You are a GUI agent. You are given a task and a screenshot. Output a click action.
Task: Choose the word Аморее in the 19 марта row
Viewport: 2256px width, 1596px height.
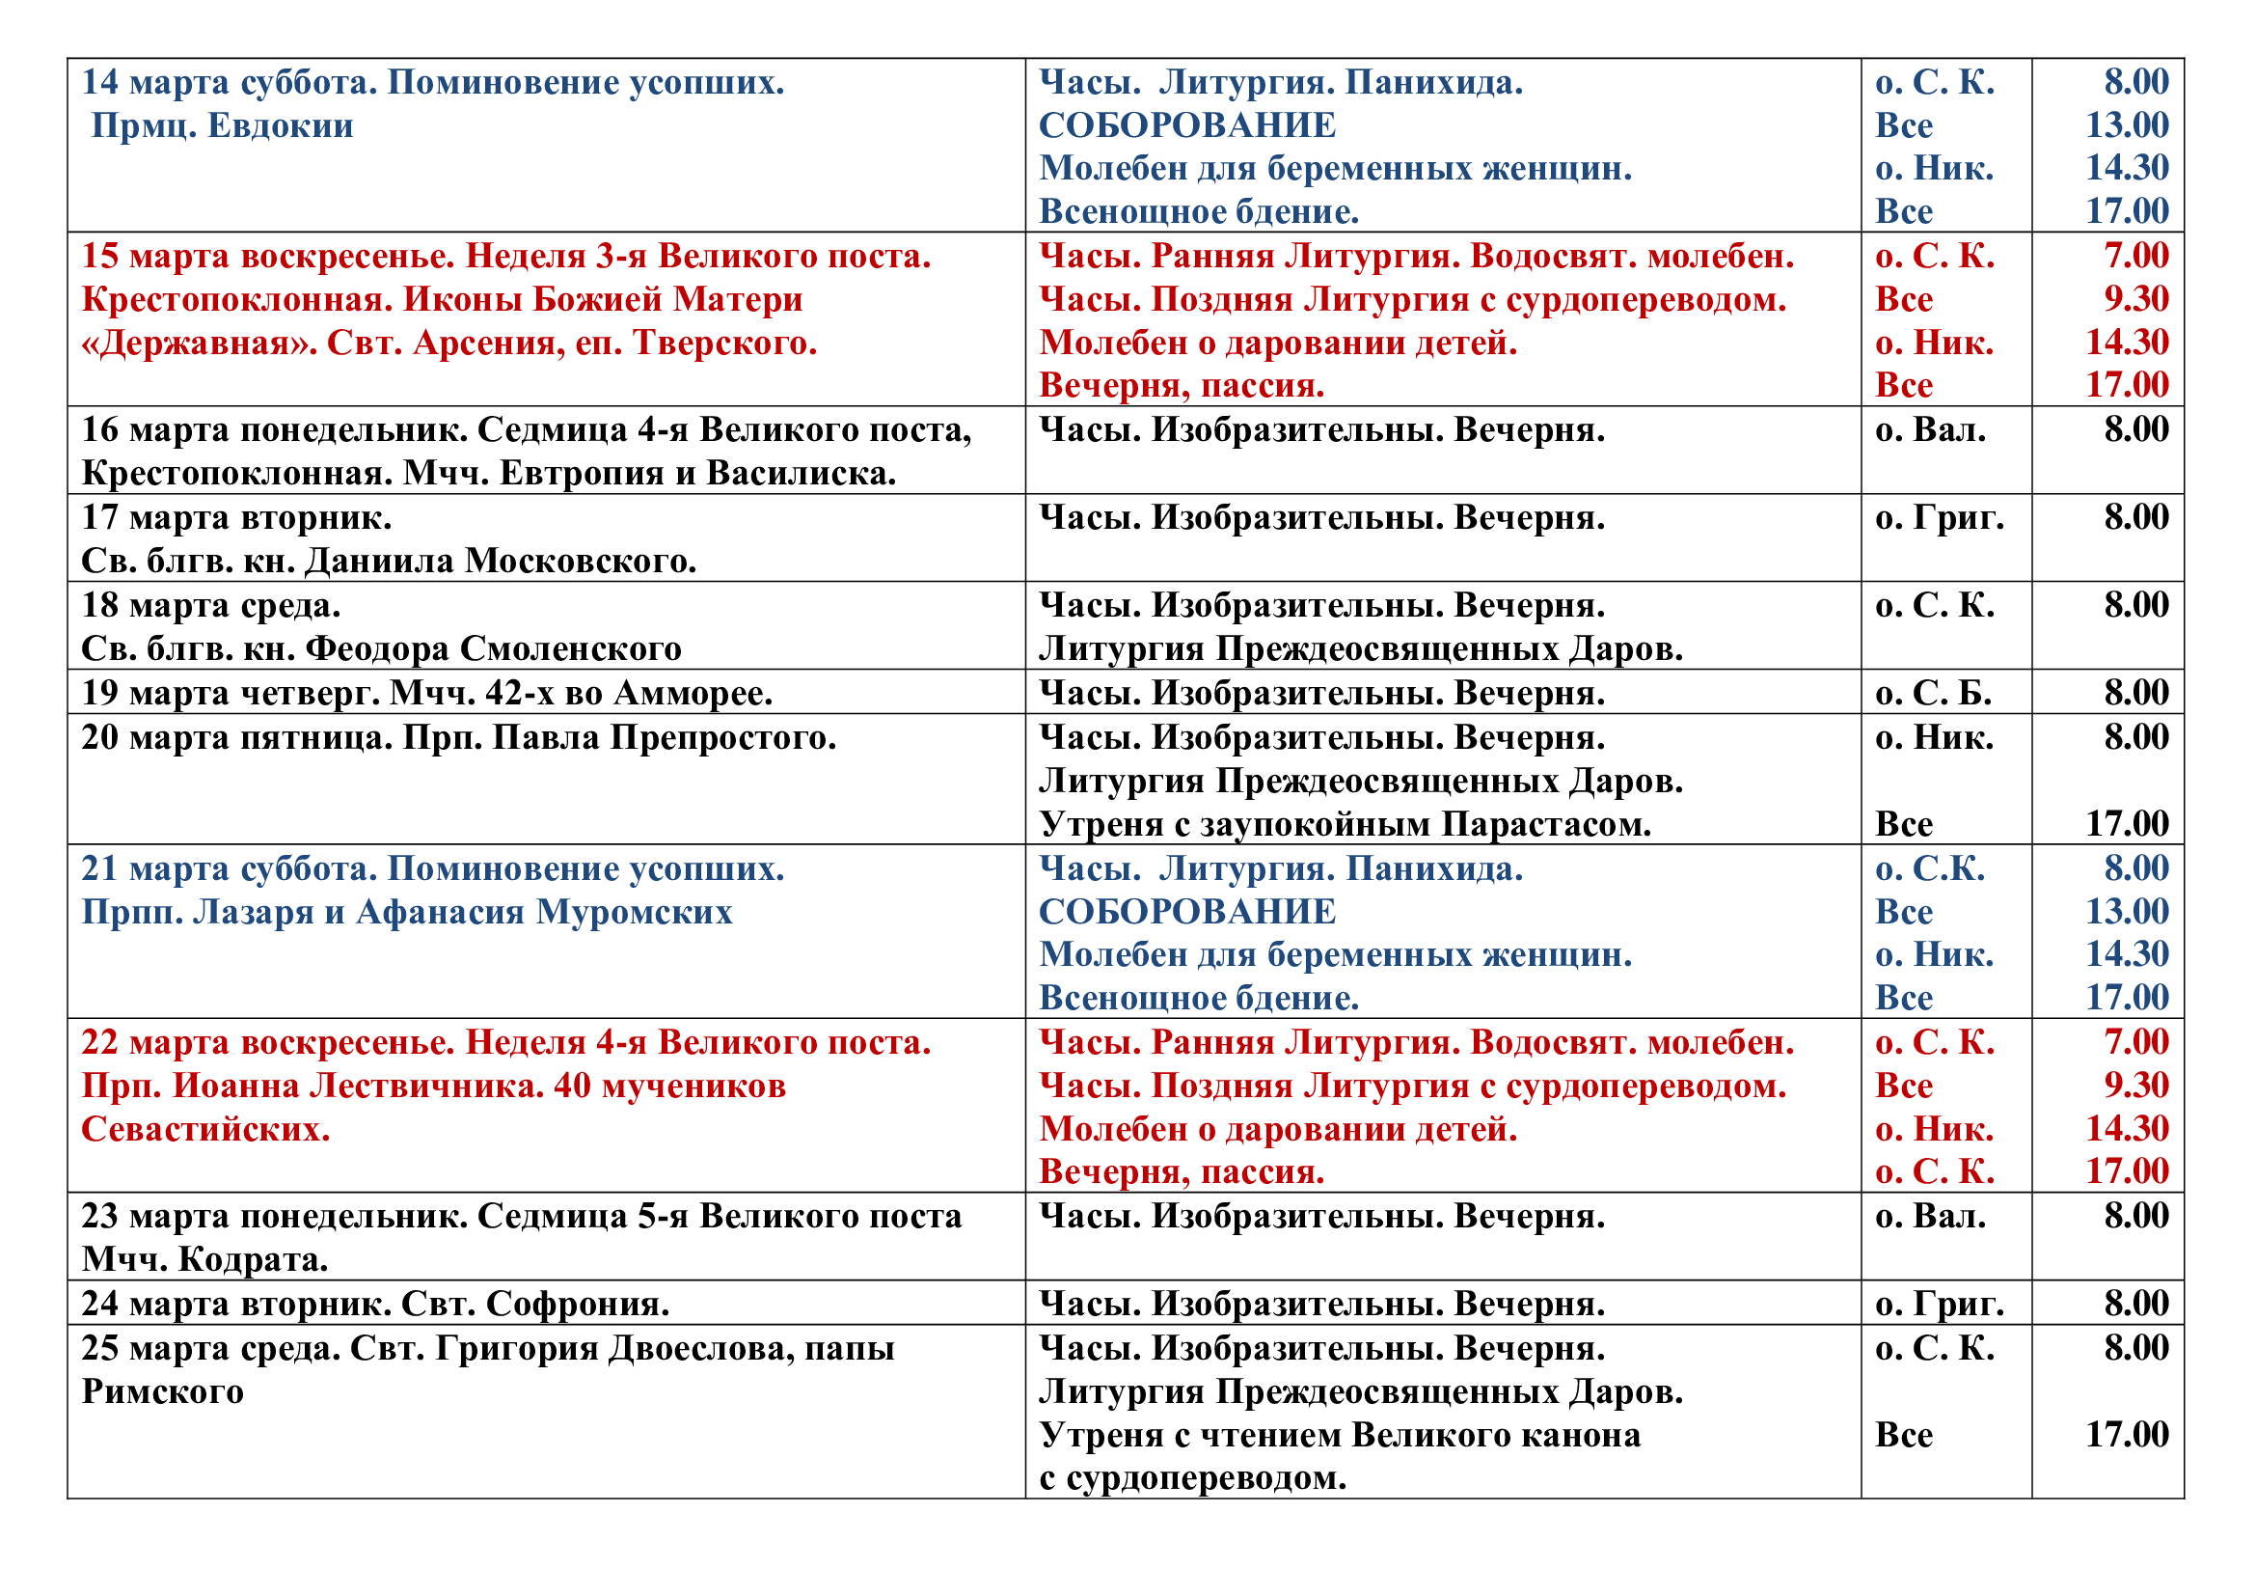693,694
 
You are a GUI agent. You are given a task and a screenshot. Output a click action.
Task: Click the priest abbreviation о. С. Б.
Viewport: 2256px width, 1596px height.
1933,694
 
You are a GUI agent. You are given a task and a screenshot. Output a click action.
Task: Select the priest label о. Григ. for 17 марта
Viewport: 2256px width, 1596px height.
1939,518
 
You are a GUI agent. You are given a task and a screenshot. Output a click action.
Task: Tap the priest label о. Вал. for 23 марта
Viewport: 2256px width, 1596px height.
1930,1217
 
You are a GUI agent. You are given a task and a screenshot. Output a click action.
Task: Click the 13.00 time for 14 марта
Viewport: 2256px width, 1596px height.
2128,125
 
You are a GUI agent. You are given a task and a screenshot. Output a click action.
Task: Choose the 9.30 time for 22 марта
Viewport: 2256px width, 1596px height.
2136,1086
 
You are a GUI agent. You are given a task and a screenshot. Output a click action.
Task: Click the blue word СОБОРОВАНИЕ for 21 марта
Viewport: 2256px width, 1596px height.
1187,912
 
